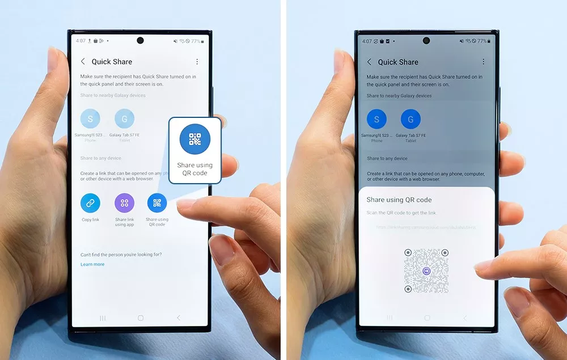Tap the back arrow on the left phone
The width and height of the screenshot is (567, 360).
click(83, 61)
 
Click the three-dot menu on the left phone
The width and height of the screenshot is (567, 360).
click(197, 61)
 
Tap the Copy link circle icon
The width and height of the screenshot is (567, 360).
click(90, 203)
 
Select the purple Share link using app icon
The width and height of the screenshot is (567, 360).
click(124, 203)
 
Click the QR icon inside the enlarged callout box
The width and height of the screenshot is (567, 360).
click(195, 139)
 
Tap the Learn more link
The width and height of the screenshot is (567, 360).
click(92, 264)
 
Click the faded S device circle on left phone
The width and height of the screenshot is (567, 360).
click(90, 119)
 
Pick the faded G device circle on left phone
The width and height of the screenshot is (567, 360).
click(124, 119)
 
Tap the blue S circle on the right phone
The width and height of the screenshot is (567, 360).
click(376, 120)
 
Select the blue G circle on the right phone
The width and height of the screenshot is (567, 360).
click(411, 120)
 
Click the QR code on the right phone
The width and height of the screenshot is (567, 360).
click(426, 271)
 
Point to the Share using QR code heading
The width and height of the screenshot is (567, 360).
click(399, 200)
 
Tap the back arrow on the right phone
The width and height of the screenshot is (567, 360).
click(369, 62)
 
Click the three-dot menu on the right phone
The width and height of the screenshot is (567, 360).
click(484, 62)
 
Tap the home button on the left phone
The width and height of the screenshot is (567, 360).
click(141, 318)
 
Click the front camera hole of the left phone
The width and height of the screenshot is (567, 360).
click(140, 41)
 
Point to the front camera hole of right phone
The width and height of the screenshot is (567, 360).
click(426, 41)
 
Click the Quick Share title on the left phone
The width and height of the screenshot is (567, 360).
click(112, 61)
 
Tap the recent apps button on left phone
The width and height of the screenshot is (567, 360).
click(103, 318)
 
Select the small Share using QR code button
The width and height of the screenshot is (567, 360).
click(157, 203)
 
